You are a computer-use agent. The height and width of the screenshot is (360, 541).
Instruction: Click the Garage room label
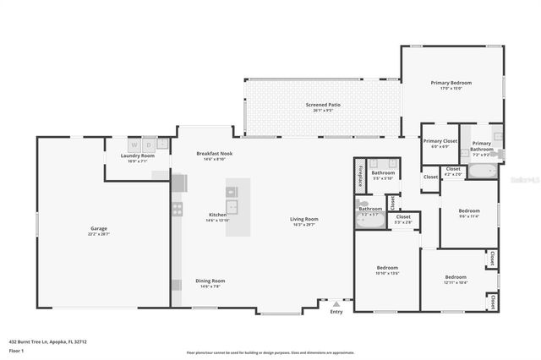(99, 228)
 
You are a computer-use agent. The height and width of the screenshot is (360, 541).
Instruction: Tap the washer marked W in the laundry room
(134, 145)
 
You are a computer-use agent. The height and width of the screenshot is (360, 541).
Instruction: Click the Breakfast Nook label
(214, 153)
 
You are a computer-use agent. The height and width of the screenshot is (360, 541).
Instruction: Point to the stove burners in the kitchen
(178, 208)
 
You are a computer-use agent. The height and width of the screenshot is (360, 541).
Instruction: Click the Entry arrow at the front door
(336, 303)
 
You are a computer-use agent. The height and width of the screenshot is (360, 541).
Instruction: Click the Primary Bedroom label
(451, 83)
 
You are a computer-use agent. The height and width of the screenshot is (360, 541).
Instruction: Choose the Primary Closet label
(440, 141)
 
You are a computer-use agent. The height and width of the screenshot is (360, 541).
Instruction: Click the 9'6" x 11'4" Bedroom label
(468, 210)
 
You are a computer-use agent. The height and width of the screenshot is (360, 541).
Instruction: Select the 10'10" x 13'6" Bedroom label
(386, 268)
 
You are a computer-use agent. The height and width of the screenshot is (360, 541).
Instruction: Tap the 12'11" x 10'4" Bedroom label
(456, 276)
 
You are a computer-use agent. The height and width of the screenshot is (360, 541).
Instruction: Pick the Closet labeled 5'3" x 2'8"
(403, 217)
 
